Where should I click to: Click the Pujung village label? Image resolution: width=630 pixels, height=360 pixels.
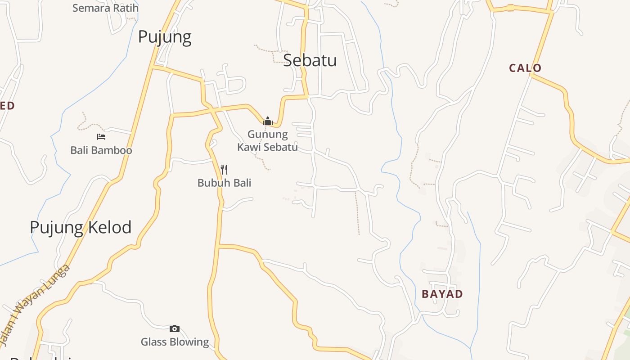[165, 37]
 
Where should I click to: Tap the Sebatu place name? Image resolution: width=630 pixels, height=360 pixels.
[310, 60]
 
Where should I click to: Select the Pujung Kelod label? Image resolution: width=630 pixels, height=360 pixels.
[81, 227]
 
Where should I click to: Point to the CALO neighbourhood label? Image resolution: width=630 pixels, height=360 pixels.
[525, 68]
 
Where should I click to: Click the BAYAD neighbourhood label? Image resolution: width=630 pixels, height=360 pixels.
[442, 294]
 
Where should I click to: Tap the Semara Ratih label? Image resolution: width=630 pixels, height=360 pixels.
[105, 8]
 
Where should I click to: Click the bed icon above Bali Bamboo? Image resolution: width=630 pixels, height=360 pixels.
[101, 136]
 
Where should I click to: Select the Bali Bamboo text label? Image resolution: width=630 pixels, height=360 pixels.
[101, 150]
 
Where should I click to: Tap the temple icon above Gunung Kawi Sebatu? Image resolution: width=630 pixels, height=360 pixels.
[268, 121]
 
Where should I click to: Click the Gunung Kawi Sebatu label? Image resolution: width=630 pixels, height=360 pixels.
[268, 140]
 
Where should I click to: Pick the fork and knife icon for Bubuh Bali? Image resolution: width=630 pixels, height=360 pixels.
[224, 170]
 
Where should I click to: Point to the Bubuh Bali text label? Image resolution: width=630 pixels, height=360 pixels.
[224, 183]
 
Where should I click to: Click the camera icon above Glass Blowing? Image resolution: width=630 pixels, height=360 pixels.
[175, 328]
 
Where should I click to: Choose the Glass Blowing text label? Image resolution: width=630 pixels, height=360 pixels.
[175, 342]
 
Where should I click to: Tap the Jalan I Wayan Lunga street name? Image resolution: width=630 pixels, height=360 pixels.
[40, 306]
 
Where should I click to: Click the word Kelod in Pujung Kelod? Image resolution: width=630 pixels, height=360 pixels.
[107, 227]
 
